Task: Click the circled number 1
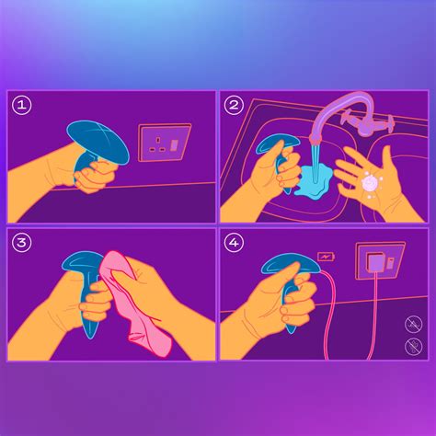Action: pyautogui.click(x=23, y=106)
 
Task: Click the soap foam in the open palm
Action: pyautogui.click(x=373, y=183)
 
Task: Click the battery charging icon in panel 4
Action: pyautogui.click(x=327, y=257)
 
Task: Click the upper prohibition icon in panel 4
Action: pyautogui.click(x=414, y=323)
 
